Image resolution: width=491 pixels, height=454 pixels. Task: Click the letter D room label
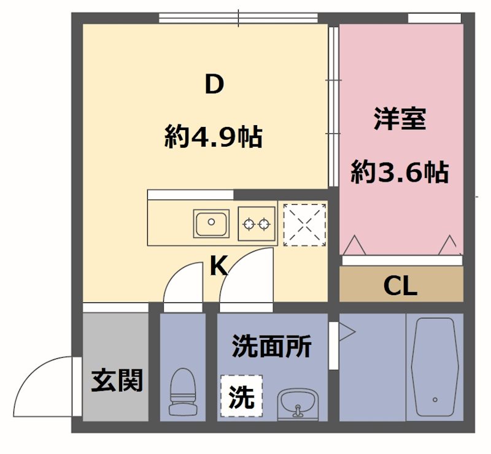pos(213,85)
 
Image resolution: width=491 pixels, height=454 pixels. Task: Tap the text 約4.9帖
pos(213,136)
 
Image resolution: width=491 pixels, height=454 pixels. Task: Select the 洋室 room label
pos(400,118)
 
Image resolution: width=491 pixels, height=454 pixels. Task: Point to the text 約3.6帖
pos(400,172)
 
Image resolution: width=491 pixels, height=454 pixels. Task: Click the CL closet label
pos(400,285)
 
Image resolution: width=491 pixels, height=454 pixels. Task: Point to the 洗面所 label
pos(271,347)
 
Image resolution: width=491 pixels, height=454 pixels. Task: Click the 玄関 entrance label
pos(117,380)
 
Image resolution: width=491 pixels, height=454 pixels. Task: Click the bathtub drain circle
pos(435,399)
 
